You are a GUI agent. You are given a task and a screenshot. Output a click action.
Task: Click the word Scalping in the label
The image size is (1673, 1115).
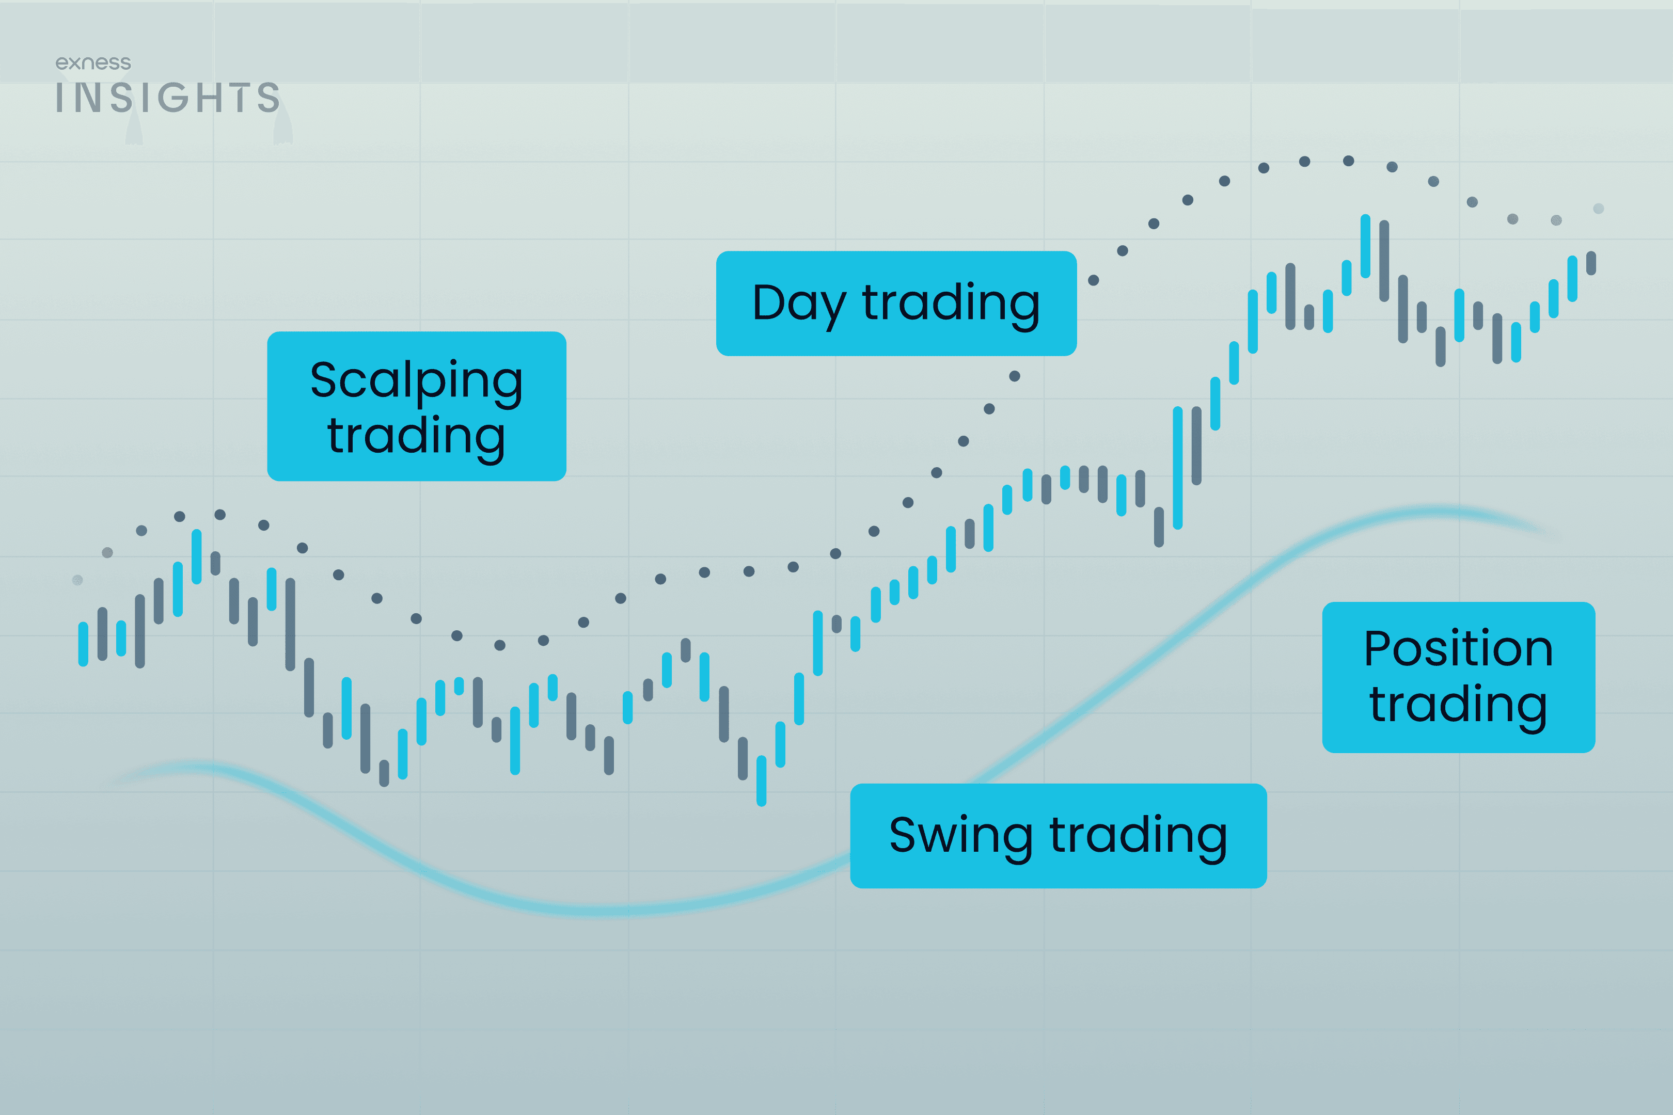416,380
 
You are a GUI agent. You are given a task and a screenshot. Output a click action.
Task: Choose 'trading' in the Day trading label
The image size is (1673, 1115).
951,303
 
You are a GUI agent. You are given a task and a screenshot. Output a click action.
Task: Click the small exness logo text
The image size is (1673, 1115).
93,63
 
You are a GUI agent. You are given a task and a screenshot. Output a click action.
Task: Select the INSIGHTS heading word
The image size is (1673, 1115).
168,98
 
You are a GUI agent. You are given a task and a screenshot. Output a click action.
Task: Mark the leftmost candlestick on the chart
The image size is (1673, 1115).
83,644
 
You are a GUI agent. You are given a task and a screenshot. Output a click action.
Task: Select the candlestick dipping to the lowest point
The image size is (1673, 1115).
761,780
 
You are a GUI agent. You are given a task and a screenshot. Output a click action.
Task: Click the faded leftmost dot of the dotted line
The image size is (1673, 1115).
77,580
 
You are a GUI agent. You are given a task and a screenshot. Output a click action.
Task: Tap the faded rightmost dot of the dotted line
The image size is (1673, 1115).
1598,209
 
